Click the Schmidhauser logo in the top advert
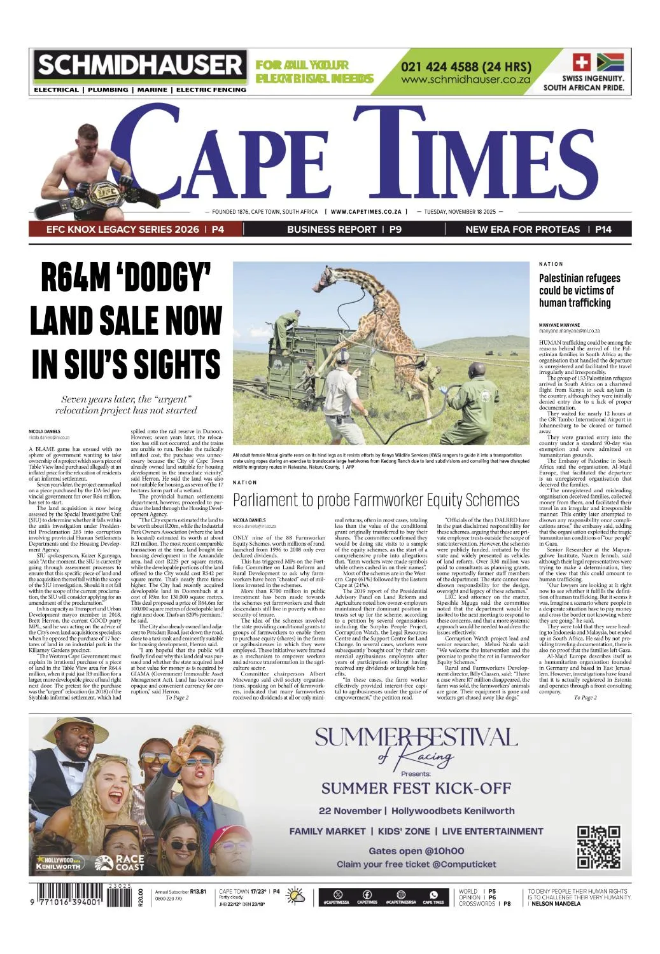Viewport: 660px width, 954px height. pos(140,65)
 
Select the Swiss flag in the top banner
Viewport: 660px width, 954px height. pos(582,62)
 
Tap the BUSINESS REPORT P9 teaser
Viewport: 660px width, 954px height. pos(344,229)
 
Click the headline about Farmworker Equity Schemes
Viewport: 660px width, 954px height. pos(376,500)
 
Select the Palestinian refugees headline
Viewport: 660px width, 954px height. pos(580,290)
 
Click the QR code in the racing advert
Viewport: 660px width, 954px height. pos(598,847)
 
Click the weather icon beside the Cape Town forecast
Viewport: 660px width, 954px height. pos(296,896)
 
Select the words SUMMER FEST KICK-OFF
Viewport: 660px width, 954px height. pos(416,789)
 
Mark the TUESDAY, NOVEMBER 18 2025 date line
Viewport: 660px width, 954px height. pos(460,212)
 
